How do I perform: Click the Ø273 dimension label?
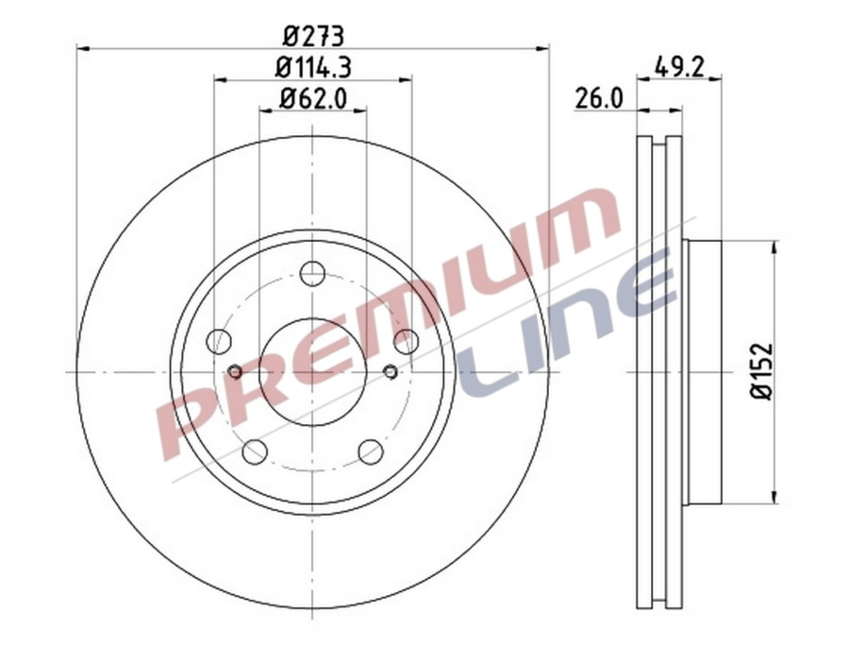(313, 36)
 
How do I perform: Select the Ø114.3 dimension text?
(313, 67)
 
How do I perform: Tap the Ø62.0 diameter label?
(313, 97)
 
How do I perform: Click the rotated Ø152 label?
(761, 372)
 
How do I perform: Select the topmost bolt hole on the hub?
(312, 274)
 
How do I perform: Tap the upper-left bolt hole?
(219, 341)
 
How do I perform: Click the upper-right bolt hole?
(406, 341)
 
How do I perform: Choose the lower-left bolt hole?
(255, 451)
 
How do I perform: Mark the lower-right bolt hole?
(371, 451)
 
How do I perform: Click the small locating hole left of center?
(235, 372)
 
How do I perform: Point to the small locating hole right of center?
(391, 372)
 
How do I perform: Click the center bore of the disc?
(312, 372)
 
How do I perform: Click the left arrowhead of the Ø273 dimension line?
(81, 48)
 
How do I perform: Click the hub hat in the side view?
(703, 372)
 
